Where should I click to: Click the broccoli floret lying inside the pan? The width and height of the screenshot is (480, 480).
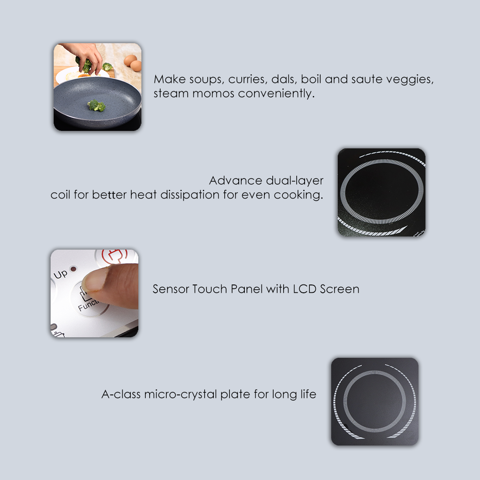(x=96, y=106)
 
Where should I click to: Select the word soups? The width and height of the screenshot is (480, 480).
(x=205, y=80)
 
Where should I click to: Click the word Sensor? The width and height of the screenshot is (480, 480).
(x=171, y=289)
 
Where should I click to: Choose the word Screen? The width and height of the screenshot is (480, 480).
(x=339, y=289)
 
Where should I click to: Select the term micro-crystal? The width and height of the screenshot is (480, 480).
(x=180, y=395)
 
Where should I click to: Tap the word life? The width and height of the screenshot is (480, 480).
(x=308, y=394)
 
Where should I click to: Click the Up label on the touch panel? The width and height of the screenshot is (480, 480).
(x=61, y=274)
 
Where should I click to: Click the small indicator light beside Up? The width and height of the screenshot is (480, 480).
(x=73, y=269)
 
